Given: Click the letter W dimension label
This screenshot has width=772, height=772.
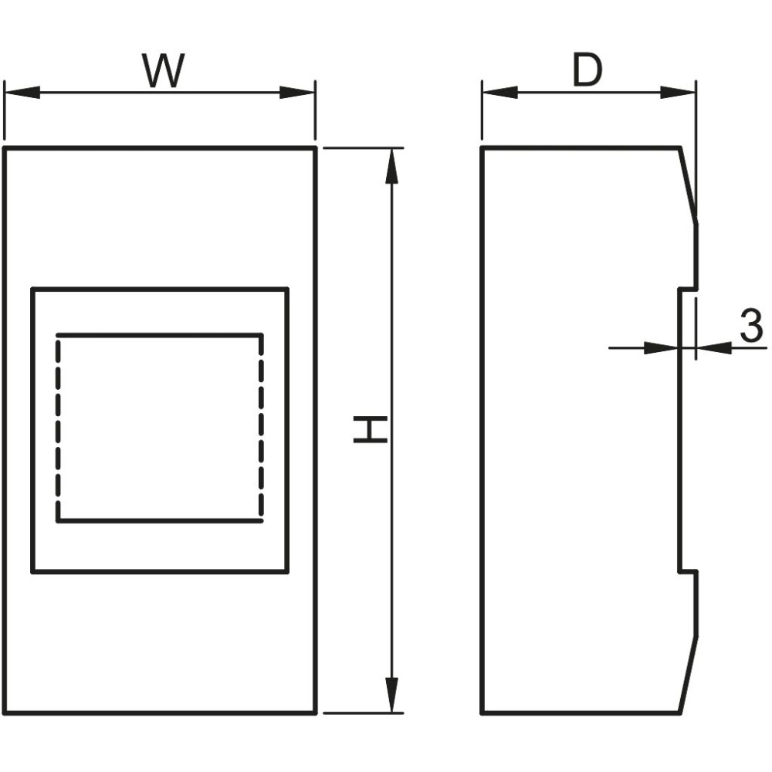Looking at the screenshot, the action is (163, 70).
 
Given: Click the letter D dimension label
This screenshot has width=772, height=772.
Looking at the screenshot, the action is (587, 69).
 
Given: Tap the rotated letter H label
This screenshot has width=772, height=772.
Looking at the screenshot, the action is (371, 428).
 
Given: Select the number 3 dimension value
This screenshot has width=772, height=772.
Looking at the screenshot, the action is (751, 325).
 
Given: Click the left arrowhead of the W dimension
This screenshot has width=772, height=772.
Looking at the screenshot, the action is (22, 92).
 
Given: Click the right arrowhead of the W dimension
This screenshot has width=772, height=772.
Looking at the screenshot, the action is (297, 92).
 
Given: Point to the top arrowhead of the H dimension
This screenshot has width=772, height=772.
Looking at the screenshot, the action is (391, 166).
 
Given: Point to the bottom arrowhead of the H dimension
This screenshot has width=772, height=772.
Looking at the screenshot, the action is (391, 695).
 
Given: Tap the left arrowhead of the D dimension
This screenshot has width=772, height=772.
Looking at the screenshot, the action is (500, 92).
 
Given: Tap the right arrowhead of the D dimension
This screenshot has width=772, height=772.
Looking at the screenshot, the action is (678, 92).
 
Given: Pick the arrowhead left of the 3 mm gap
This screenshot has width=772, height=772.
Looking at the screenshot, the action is (662, 348).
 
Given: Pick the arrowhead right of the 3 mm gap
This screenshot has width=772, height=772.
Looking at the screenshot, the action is (714, 348).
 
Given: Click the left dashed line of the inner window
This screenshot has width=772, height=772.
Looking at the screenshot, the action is (59, 428).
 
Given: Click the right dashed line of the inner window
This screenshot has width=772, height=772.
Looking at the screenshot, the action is (261, 428).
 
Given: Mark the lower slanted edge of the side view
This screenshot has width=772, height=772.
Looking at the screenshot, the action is (689, 674).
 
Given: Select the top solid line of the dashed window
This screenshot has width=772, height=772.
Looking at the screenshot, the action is (160, 335).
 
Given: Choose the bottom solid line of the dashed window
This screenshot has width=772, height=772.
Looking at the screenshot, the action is (160, 520).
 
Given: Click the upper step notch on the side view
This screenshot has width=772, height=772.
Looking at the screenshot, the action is (689, 289).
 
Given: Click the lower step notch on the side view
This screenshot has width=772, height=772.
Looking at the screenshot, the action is (689, 572).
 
